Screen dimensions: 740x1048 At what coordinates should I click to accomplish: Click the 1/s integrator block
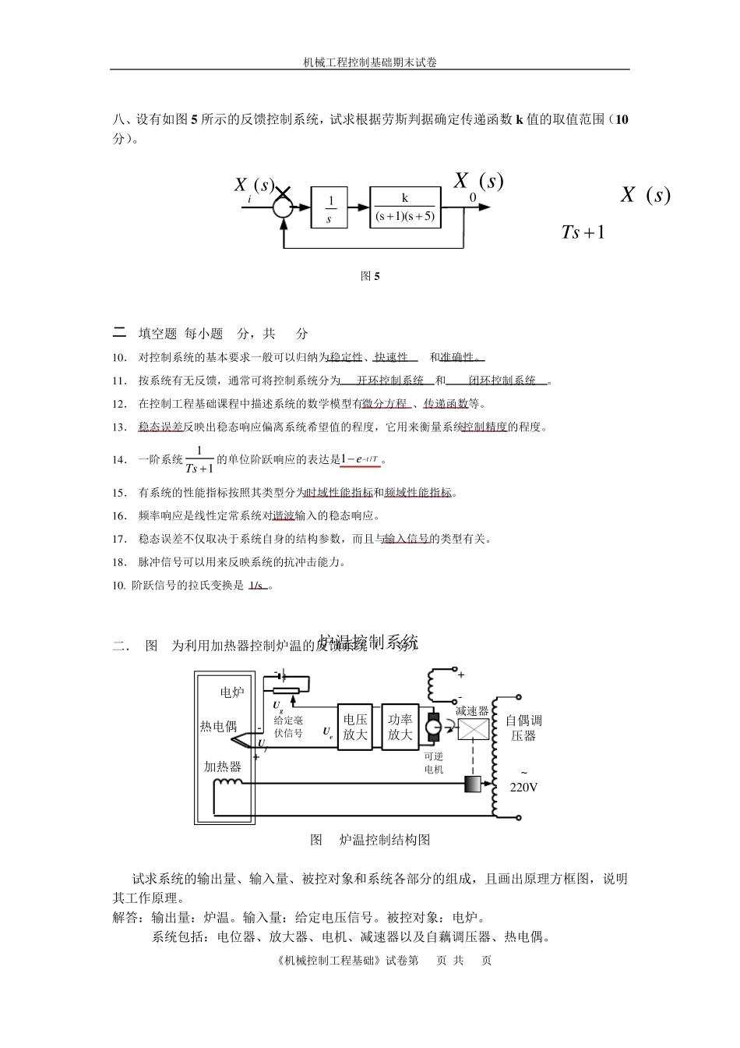329,208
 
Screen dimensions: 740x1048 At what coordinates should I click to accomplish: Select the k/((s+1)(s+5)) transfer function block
405,207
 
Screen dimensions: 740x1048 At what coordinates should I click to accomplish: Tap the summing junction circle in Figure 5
282,207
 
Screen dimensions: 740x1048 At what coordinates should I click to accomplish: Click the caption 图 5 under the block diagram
370,276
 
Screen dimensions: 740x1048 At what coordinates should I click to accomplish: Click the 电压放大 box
355,728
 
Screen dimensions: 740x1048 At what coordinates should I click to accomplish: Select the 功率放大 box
400,728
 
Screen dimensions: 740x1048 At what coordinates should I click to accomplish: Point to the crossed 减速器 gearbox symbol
473,730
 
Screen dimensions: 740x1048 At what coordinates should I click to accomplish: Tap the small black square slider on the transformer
472,784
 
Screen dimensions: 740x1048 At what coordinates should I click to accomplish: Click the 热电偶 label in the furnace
218,727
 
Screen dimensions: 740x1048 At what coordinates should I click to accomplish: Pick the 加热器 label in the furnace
223,767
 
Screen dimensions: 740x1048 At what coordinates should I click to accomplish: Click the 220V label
523,788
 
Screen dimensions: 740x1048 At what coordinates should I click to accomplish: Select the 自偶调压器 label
523,728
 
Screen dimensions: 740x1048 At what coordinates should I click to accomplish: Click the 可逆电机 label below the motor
434,763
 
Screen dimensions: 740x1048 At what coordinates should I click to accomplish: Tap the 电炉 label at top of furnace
232,692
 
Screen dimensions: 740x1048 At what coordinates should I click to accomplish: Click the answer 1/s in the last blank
256,586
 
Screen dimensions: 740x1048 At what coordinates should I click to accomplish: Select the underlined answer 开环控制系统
389,381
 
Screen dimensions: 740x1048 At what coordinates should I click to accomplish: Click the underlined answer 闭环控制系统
502,381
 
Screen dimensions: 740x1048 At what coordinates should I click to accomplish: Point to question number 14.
119,460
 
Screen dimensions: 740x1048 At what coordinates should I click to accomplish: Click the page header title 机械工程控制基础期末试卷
369,62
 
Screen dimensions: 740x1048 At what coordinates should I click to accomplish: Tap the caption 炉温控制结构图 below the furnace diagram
385,840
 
